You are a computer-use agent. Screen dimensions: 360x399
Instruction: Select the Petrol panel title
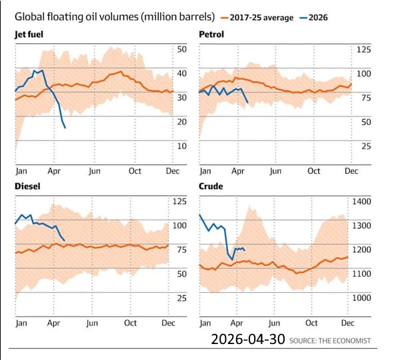pyautogui.click(x=211, y=33)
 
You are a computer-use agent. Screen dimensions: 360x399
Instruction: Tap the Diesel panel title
pyautogui.click(x=28, y=186)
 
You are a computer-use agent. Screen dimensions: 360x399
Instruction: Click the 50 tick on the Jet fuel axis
pyautogui.click(x=181, y=49)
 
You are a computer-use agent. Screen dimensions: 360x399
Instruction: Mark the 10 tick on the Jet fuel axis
pyautogui.click(x=181, y=146)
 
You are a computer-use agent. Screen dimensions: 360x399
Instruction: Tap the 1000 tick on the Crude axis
pyautogui.click(x=364, y=297)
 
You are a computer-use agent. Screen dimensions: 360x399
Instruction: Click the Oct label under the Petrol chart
pyautogui.click(x=314, y=171)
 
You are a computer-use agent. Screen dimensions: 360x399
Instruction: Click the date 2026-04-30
pyautogui.click(x=247, y=339)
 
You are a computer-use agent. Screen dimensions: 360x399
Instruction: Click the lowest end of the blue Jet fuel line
pyautogui.click(x=65, y=128)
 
